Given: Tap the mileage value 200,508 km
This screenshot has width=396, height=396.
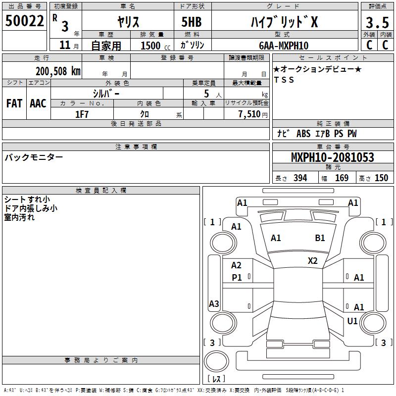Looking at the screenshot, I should [x=58, y=71].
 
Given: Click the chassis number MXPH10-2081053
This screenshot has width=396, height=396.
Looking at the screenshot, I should [x=332, y=158].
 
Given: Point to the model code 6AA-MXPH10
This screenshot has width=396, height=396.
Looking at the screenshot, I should [x=284, y=46].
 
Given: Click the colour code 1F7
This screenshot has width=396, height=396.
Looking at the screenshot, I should [x=82, y=114].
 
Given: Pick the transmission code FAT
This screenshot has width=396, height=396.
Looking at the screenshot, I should [x=14, y=103].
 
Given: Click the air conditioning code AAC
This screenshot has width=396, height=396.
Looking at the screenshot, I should [x=38, y=103].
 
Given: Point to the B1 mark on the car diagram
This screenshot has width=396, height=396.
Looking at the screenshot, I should [x=320, y=238].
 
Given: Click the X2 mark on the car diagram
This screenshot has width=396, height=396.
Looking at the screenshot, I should [x=313, y=261].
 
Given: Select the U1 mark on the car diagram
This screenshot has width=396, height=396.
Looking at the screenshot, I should [x=352, y=321].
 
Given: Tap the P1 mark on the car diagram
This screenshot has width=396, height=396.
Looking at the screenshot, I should [x=237, y=278].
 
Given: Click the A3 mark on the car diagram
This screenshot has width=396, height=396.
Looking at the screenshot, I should [x=214, y=304].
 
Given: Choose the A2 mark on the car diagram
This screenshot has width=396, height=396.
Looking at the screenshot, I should [x=237, y=266].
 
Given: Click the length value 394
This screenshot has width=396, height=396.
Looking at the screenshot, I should [x=299, y=178].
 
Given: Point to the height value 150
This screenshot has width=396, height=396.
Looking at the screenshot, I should [x=382, y=178].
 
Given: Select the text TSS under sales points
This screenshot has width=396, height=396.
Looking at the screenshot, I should [x=284, y=80].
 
